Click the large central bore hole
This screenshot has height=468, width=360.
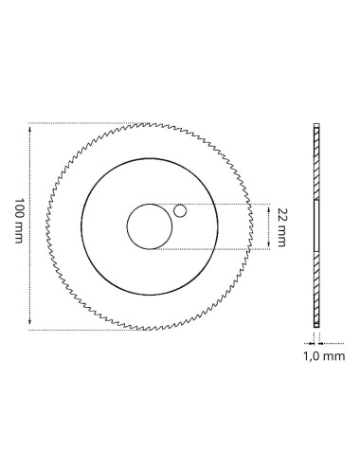click(x=150, y=225)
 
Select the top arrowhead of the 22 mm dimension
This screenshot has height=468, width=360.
click(x=271, y=206)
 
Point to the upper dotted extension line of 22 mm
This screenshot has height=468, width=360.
click(x=227, y=203)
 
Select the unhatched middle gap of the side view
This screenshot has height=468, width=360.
click(x=316, y=227)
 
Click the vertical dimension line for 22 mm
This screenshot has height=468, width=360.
click(x=271, y=225)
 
